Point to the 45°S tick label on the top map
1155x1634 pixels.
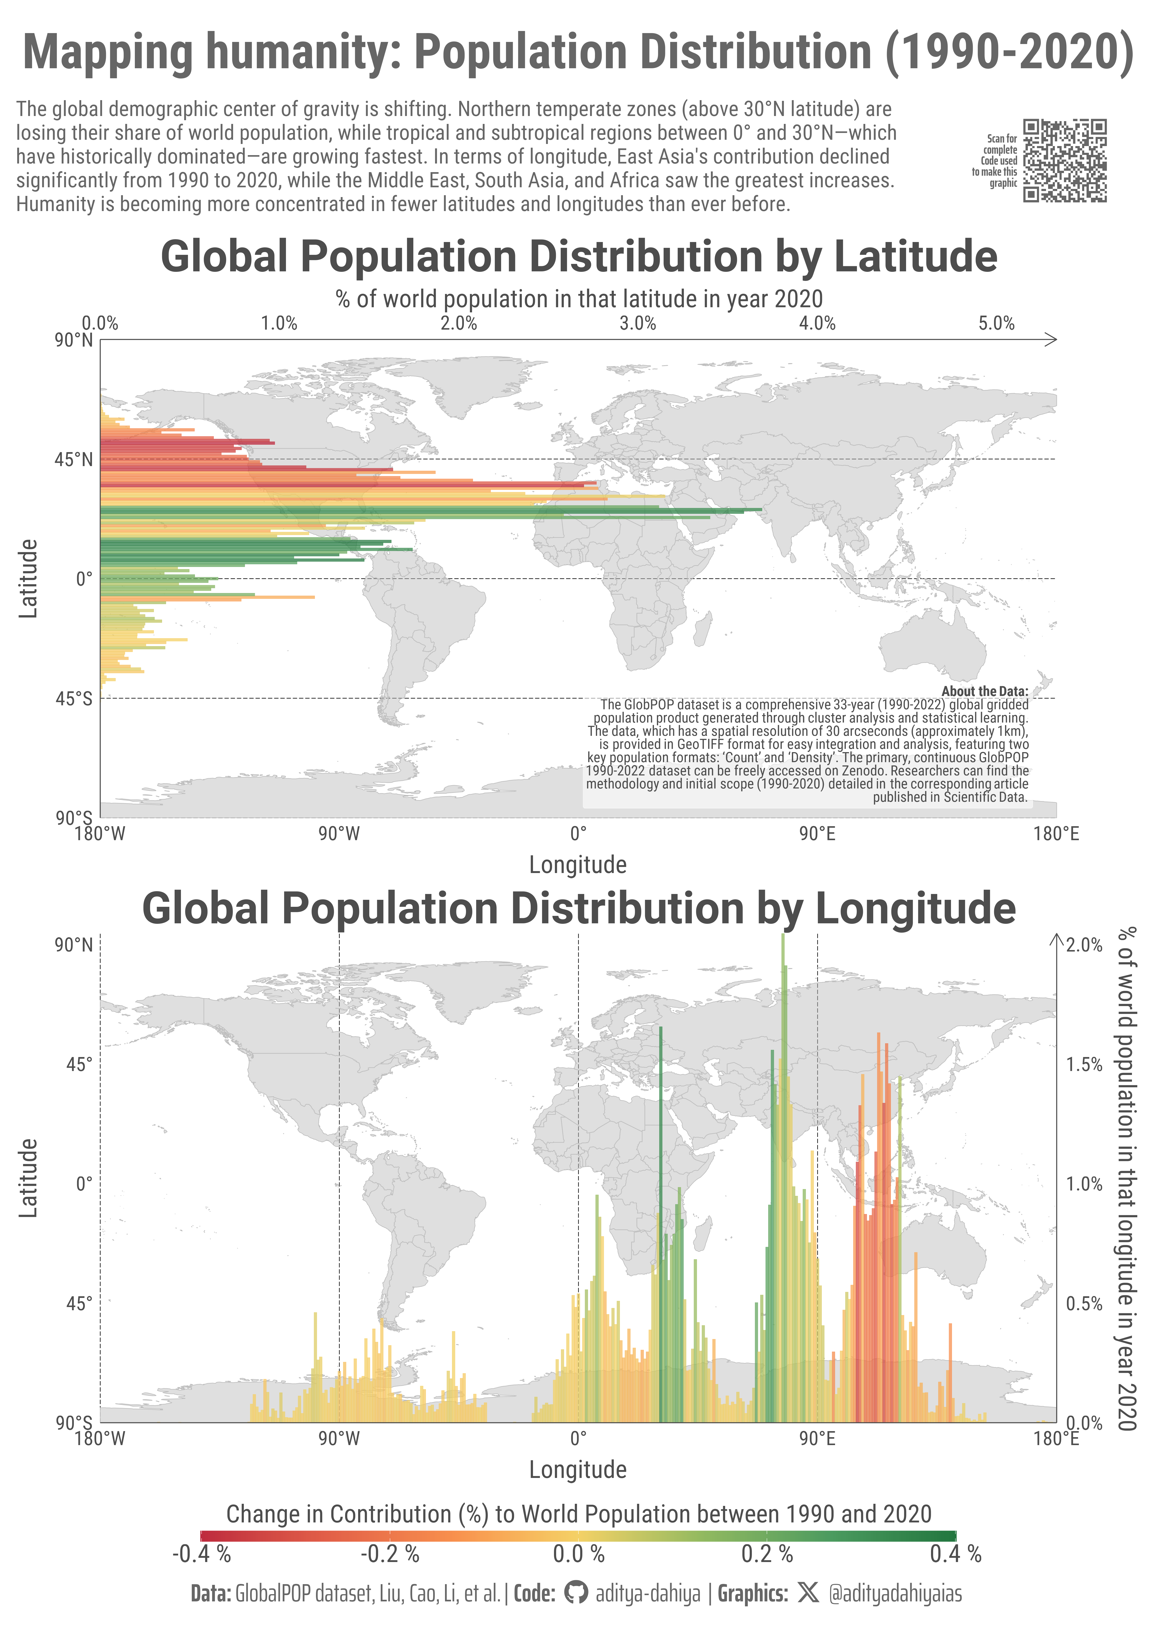click(x=74, y=699)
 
